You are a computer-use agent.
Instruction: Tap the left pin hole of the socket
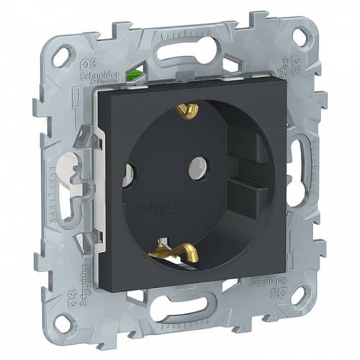[x=127, y=172]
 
